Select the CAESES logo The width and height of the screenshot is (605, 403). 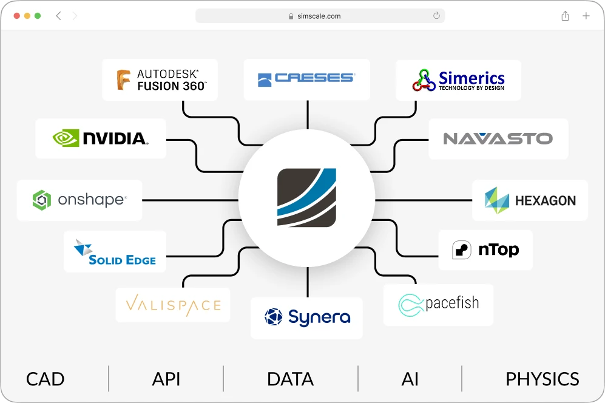[306, 79]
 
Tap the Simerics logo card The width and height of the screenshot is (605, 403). [458, 80]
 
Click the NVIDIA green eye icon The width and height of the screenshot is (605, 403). [66, 138]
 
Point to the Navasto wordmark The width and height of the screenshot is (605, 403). [498, 138]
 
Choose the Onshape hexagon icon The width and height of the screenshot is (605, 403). [42, 200]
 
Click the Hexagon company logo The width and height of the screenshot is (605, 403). [530, 200]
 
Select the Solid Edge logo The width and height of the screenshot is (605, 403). [115, 252]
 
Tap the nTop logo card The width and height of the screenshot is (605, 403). [485, 250]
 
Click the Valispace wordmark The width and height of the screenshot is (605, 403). [173, 305]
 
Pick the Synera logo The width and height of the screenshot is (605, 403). [306, 317]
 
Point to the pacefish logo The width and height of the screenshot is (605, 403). [438, 304]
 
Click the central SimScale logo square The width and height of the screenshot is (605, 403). [306, 198]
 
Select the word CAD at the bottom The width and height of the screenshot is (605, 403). [45, 379]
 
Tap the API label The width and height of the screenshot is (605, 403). [166, 379]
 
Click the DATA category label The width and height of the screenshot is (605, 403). [290, 379]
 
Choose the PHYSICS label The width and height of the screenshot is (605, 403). [542, 379]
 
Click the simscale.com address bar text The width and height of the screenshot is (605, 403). [319, 16]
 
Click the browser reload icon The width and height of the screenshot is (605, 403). [436, 16]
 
